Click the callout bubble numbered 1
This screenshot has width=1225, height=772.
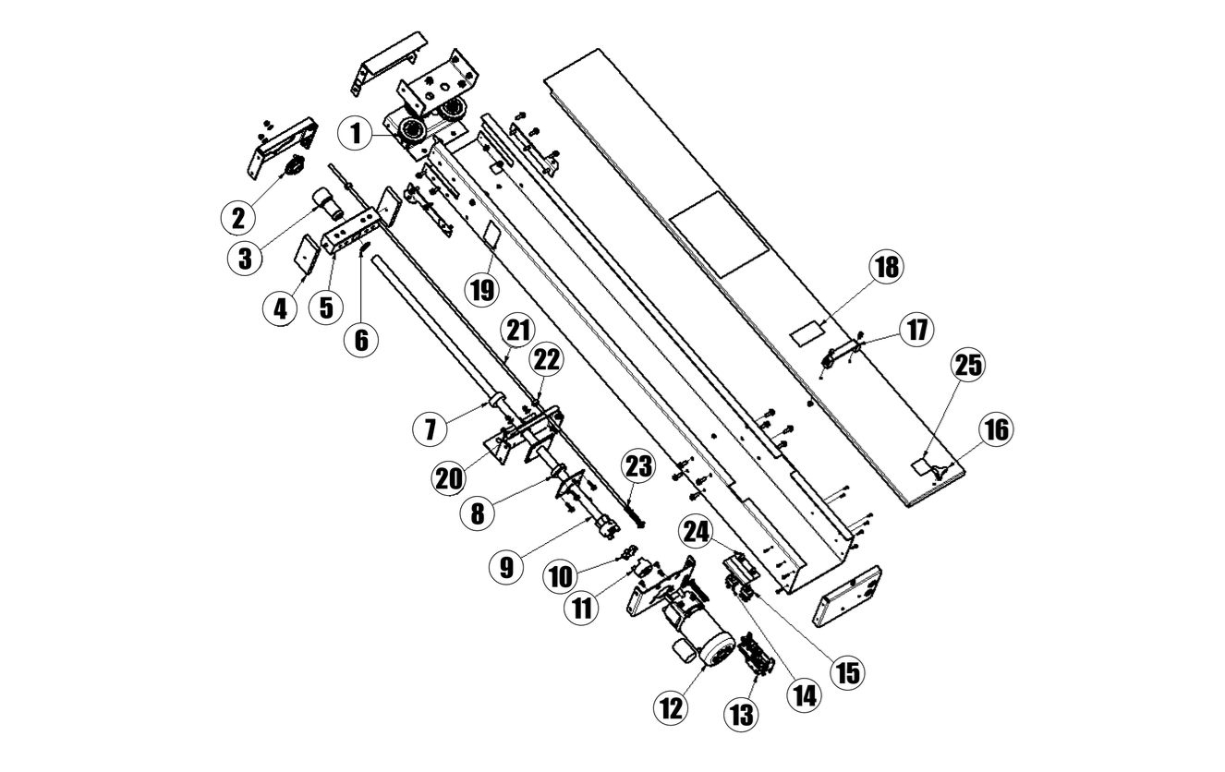tap(356, 134)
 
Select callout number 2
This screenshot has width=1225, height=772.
tap(239, 217)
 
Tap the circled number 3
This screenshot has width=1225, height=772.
tap(245, 257)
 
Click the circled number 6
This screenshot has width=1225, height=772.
tap(361, 339)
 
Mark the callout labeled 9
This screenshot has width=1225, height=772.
tap(505, 566)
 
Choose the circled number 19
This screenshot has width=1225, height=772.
tap(481, 288)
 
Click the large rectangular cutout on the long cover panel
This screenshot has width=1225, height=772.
tap(719, 233)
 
